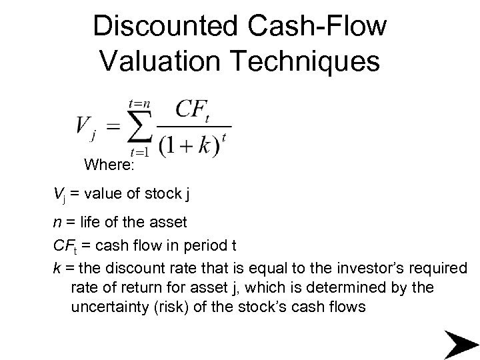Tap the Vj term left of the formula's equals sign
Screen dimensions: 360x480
tap(86, 127)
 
